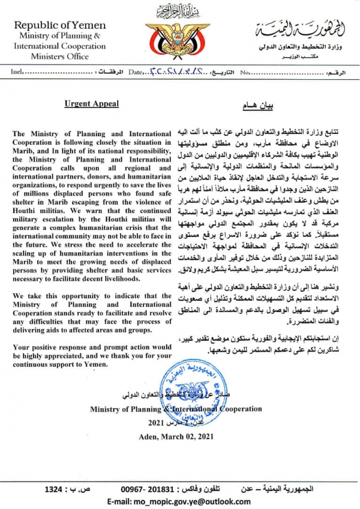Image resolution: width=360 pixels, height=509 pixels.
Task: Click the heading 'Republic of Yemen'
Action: [x=59, y=25]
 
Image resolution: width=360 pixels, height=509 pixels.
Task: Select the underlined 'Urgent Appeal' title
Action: [x=92, y=103]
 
